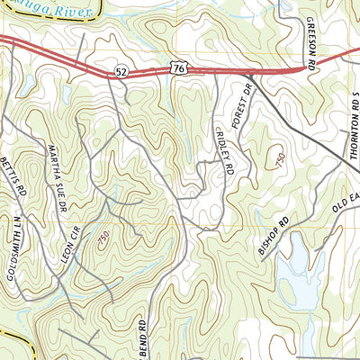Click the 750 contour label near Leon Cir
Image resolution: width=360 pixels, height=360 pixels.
click(x=103, y=238)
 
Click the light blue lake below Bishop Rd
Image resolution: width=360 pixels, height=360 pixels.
click(x=292, y=279)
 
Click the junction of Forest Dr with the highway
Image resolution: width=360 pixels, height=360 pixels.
click(x=248, y=76)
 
